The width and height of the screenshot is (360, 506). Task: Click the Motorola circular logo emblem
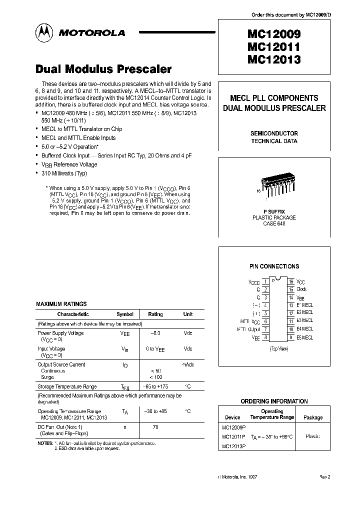[x=45, y=32]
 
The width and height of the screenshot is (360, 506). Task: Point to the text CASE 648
[x=274, y=223]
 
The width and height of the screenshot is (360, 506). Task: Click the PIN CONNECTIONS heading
[x=274, y=266]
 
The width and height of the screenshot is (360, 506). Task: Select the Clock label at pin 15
[x=301, y=289]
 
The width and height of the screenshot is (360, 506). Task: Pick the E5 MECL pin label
[x=304, y=337]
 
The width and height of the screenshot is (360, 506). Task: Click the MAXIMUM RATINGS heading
[x=61, y=304]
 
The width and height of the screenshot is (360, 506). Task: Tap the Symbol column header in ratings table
[x=124, y=314]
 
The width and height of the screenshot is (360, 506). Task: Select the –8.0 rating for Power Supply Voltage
[x=155, y=333]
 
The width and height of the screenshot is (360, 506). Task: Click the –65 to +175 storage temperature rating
[x=155, y=386]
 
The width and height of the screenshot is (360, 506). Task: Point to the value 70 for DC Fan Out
[x=155, y=428]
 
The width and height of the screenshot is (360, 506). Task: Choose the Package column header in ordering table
[x=313, y=417]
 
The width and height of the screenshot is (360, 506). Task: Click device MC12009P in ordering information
[x=234, y=427]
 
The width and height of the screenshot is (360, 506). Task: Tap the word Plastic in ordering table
[x=312, y=436]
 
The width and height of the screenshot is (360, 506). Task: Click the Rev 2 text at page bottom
[x=325, y=477]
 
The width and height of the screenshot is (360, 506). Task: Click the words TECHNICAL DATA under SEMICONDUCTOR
[x=274, y=141]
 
